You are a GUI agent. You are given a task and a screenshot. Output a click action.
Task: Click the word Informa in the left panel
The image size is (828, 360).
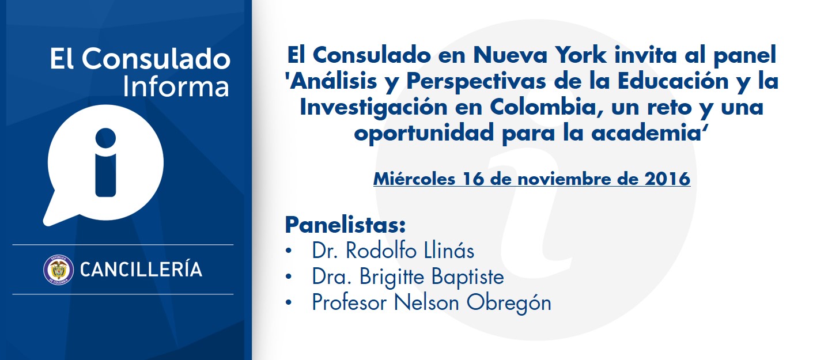(x=176, y=86)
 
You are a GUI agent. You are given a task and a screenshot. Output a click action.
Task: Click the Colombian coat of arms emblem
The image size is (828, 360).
(x=58, y=270)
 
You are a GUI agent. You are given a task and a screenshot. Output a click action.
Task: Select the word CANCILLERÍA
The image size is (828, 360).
(x=141, y=269)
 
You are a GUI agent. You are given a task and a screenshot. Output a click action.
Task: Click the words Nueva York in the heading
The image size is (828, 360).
(x=540, y=55)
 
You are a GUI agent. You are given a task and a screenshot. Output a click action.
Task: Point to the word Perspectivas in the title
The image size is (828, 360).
(x=476, y=82)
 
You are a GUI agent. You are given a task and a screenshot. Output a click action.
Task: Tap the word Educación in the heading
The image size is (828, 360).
(x=673, y=81)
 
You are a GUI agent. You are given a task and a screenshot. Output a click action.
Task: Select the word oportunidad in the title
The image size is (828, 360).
(x=424, y=132)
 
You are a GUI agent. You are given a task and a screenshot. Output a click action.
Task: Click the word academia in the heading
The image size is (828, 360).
(x=646, y=132)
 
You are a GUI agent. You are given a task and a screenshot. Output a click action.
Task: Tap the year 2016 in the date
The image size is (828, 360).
(x=667, y=179)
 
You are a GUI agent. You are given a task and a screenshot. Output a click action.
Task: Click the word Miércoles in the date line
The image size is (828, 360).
(x=414, y=179)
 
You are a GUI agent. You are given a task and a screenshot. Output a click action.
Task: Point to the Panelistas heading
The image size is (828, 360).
(x=345, y=225)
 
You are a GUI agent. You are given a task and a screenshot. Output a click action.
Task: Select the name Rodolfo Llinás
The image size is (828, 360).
(x=410, y=251)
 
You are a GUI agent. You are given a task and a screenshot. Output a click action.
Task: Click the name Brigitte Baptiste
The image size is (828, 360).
(x=432, y=277)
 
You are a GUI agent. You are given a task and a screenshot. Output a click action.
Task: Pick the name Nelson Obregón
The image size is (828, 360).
(x=472, y=302)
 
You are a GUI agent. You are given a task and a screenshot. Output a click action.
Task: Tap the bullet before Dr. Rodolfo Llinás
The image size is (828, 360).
(x=289, y=251)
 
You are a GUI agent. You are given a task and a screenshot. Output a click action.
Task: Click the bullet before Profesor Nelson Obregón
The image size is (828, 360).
(x=289, y=303)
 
